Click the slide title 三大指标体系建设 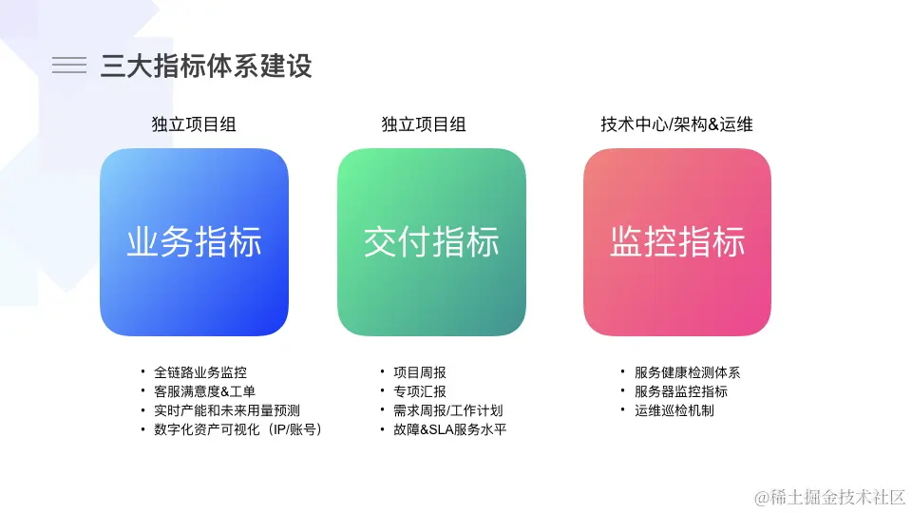(x=206, y=66)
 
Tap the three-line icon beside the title (x=69, y=65)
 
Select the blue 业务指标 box (x=194, y=242)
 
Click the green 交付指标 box (x=431, y=242)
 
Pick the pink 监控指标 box (x=677, y=242)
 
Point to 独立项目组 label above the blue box (x=194, y=124)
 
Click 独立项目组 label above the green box (x=424, y=124)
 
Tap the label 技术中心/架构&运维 (x=676, y=124)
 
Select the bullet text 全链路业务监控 (x=200, y=372)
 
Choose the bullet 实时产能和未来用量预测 (x=226, y=410)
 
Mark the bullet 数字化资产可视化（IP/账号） (x=238, y=429)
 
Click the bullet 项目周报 (x=419, y=372)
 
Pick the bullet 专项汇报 (x=419, y=391)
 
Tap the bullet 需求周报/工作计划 (x=447, y=410)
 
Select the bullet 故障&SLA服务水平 (x=449, y=429)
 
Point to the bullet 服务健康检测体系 (x=687, y=372)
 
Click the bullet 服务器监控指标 (x=681, y=391)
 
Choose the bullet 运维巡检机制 (x=674, y=410)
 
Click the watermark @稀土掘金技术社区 (x=829, y=496)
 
